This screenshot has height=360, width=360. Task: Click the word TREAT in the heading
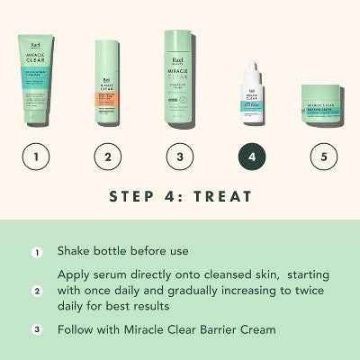point(221,195)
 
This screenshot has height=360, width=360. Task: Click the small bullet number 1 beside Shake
point(37,252)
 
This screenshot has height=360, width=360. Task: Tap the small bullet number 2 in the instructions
point(37,291)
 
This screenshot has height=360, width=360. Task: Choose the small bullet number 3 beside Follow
point(37,329)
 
